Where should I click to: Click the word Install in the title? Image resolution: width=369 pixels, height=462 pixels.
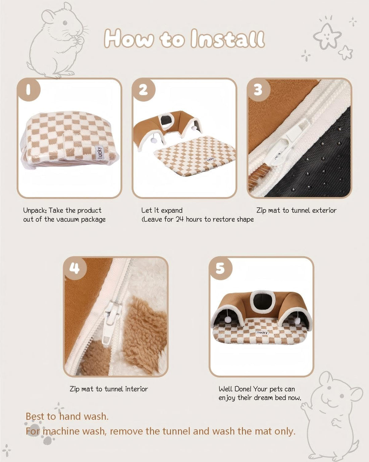click(227, 39)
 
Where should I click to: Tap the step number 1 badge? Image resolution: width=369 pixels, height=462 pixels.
click(28, 89)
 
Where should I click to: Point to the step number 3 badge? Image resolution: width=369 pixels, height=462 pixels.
click(258, 89)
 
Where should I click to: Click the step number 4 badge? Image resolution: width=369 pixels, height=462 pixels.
click(74, 268)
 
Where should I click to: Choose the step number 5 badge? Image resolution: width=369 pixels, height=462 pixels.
click(220, 268)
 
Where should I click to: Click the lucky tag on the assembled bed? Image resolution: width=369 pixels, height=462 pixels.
click(262, 333)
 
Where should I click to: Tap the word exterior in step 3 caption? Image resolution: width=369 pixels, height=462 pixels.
click(324, 210)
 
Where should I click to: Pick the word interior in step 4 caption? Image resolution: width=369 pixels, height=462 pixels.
click(137, 389)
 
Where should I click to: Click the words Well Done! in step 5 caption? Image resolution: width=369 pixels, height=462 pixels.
click(235, 389)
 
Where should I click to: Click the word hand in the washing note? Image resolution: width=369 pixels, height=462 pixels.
click(70, 417)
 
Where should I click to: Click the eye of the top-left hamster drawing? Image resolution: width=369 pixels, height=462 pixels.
click(65, 23)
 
